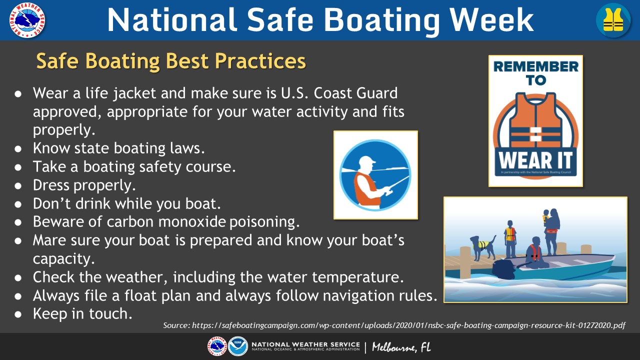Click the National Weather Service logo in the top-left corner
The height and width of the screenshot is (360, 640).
(27, 20)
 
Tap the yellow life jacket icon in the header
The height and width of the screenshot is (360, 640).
(613, 19)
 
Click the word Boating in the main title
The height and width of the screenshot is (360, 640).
(381, 20)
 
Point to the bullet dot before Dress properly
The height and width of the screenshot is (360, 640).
(18, 186)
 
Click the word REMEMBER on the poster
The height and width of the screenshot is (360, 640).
(535, 66)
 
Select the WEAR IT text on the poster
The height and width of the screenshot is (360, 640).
(535, 160)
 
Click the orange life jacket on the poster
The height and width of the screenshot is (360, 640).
(535, 121)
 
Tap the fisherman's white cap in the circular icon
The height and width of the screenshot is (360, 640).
(366, 163)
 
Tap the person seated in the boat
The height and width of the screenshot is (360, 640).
(535, 252)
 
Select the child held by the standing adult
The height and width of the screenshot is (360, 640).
(545, 217)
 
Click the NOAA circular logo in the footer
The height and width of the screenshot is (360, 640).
(237, 346)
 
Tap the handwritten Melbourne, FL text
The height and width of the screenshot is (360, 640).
(401, 347)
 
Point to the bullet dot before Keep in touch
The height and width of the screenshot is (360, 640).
(18, 314)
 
